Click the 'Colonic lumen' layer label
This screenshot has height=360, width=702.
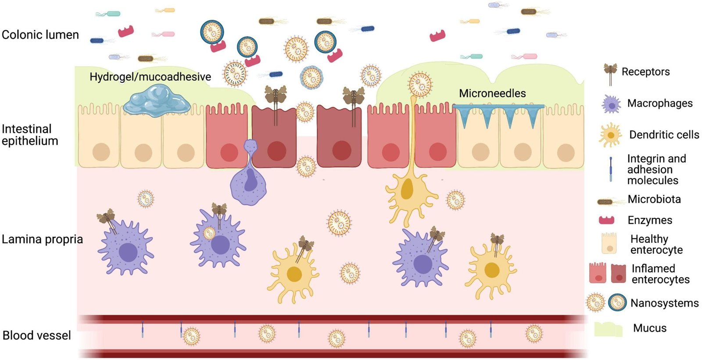40,35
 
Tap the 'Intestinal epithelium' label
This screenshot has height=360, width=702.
30,135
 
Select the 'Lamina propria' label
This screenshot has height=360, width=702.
42,239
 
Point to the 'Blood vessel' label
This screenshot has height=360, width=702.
37,335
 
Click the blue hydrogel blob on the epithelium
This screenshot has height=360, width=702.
157,101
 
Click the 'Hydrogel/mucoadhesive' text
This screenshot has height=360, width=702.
150,77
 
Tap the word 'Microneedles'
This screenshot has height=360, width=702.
492,93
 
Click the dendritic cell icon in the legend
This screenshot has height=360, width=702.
610,135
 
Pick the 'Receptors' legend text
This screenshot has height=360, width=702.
645,71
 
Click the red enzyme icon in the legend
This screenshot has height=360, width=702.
606,220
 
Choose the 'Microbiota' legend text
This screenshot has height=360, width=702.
654,199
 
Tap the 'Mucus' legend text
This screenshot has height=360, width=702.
649,328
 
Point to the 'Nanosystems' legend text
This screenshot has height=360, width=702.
664,303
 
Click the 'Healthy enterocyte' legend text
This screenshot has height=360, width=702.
656,244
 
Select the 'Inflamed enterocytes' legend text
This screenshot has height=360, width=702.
660,274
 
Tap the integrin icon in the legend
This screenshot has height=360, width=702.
610,169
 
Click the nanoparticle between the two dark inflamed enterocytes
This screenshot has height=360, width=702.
305,112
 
